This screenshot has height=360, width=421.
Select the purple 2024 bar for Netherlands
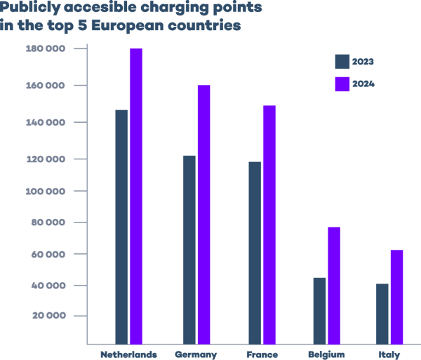click(x=135, y=196)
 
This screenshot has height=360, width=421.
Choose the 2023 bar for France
click(x=255, y=253)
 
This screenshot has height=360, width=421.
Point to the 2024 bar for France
click(x=269, y=225)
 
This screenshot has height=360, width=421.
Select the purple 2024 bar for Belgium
click(x=333, y=285)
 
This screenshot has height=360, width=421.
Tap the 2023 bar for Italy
click(x=382, y=313)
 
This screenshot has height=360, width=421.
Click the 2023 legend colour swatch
click(x=342, y=62)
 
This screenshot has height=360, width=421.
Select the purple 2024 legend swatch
click(x=342, y=84)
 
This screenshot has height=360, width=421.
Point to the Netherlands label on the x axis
click(x=128, y=354)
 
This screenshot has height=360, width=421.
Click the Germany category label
click(x=196, y=354)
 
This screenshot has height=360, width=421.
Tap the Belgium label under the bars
click(x=326, y=354)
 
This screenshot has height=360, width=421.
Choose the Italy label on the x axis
click(x=389, y=354)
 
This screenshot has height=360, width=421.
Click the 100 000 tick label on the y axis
click(x=46, y=191)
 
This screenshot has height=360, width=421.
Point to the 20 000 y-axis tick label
click(x=48, y=316)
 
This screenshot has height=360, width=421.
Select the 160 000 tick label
click(x=46, y=86)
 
